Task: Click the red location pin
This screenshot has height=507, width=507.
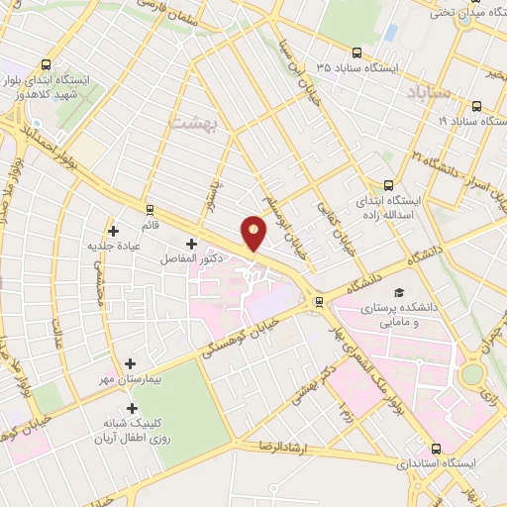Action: [x=254, y=234]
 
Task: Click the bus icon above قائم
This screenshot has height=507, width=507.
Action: [x=150, y=210]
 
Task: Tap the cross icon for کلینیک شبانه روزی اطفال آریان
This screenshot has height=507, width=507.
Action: [x=132, y=408]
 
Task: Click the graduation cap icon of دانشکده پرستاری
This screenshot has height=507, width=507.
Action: [x=399, y=293]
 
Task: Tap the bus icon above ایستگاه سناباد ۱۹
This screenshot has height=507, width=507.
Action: [x=476, y=105]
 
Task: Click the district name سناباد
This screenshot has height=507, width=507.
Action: [x=429, y=92]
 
